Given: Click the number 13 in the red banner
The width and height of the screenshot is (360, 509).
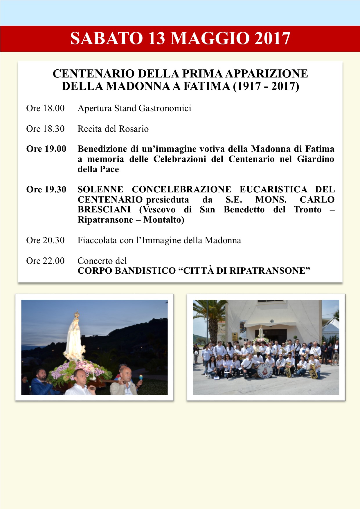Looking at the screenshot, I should click(x=157, y=39).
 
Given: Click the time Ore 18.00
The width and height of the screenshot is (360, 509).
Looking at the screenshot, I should click(x=45, y=108).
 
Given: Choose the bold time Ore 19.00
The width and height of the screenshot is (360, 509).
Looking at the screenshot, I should click(x=46, y=149).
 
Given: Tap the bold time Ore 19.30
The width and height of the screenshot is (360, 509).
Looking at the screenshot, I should click(x=46, y=189).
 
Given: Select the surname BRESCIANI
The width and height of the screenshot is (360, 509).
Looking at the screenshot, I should click(x=104, y=210).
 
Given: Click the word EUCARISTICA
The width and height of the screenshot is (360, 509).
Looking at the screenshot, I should click(x=273, y=189).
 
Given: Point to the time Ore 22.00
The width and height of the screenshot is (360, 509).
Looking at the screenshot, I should click(x=45, y=261).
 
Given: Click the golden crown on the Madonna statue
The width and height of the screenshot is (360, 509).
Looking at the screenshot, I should click(x=77, y=314).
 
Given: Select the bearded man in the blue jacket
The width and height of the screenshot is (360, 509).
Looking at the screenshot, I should click(x=41, y=382).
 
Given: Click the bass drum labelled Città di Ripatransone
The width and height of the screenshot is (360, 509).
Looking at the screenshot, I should click(x=264, y=371).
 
